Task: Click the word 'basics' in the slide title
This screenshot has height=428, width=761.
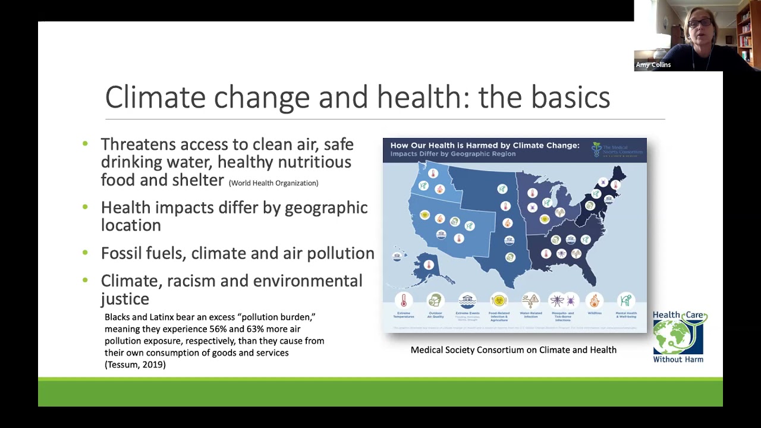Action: pos(570,97)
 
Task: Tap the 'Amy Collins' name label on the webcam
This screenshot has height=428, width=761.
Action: pos(653,65)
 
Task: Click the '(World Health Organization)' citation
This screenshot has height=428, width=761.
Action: pos(273,183)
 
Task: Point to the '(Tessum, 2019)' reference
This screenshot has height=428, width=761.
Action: pos(135,364)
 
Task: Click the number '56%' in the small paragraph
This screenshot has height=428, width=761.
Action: pos(218,329)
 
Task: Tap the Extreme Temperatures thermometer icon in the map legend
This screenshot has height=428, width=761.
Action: pos(404,300)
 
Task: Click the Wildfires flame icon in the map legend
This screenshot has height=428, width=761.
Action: pos(594,300)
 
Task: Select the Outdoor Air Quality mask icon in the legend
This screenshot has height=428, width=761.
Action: pos(435,300)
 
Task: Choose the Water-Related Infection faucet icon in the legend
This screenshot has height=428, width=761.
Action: pos(530,300)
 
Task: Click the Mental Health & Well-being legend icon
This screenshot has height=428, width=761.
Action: pos(625,300)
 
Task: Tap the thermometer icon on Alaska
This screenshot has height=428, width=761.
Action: pos(428,265)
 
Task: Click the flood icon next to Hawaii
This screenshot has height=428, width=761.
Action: pos(398,256)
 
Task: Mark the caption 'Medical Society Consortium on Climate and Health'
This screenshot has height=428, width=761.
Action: pos(513,350)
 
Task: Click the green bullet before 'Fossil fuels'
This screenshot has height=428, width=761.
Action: pos(85,253)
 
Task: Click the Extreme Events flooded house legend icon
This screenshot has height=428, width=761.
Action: pos(467,300)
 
